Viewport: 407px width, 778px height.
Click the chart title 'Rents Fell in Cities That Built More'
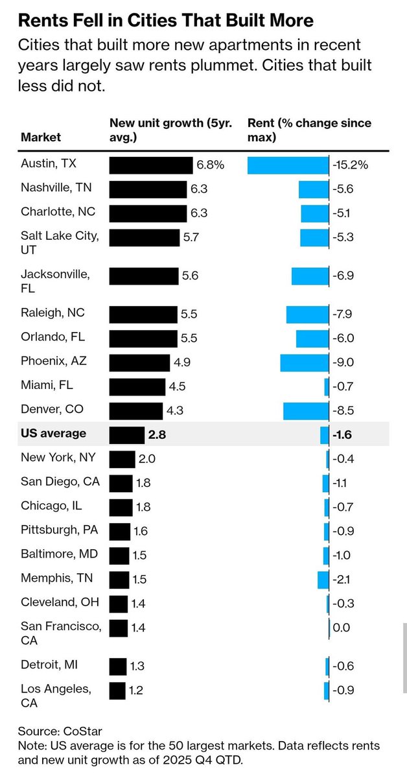pyautogui.click(x=165, y=21)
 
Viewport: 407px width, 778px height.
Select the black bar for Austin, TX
pyautogui.click(x=150, y=165)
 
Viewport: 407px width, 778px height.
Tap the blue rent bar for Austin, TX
pyautogui.click(x=288, y=165)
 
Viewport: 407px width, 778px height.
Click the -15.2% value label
pyautogui.click(x=350, y=165)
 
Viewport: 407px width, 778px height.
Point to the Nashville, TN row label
pyautogui.click(x=56, y=188)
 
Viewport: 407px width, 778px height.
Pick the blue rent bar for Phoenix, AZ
pyautogui.click(x=305, y=362)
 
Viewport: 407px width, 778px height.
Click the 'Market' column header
pyautogui.click(x=41, y=137)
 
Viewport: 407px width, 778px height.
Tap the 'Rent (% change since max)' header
pyautogui.click(x=309, y=130)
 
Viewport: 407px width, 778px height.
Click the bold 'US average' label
pyautogui.click(x=53, y=433)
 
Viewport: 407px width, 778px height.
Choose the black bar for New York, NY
pyautogui.click(x=122, y=460)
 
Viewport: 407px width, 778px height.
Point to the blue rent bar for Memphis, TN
pyautogui.click(x=323, y=580)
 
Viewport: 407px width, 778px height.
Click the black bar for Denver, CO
pyautogui.click(x=135, y=411)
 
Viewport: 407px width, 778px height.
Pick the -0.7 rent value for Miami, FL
pyautogui.click(x=342, y=387)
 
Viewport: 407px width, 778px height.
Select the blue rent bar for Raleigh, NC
pyautogui.click(x=307, y=314)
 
